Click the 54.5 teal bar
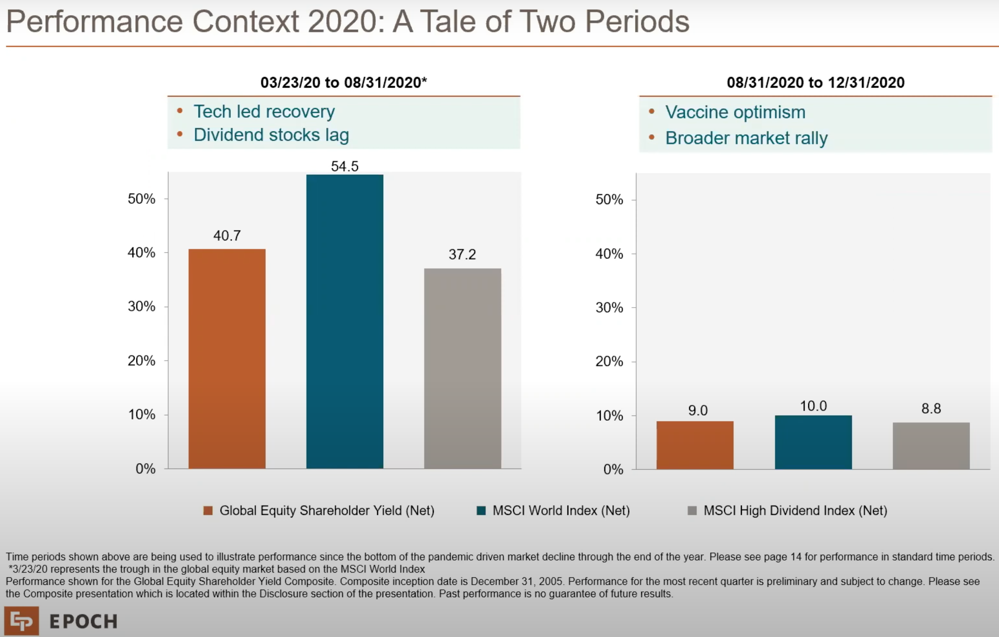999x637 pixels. pos(344,322)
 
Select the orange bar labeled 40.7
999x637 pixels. pos(227,358)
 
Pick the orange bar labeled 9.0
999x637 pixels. pos(695,445)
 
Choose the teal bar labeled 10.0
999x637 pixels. pos(813,442)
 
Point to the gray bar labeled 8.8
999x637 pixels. pos(931,445)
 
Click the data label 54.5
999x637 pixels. pos(344,166)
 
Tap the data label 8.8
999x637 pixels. pos(931,408)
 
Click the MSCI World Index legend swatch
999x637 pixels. pos(481,511)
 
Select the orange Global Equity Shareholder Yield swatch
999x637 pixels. pos(208,511)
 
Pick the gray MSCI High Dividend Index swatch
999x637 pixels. pos(692,511)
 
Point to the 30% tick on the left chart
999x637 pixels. pos(142,306)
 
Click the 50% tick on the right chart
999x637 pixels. pos(609,199)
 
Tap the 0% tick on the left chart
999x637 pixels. pos(145,469)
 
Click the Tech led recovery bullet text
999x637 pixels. pos(264,112)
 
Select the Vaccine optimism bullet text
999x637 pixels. pos(735,112)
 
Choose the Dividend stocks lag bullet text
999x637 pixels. pos(271,135)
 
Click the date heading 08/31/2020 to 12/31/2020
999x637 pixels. pos(815,82)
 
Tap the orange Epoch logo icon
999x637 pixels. pos(22,621)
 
